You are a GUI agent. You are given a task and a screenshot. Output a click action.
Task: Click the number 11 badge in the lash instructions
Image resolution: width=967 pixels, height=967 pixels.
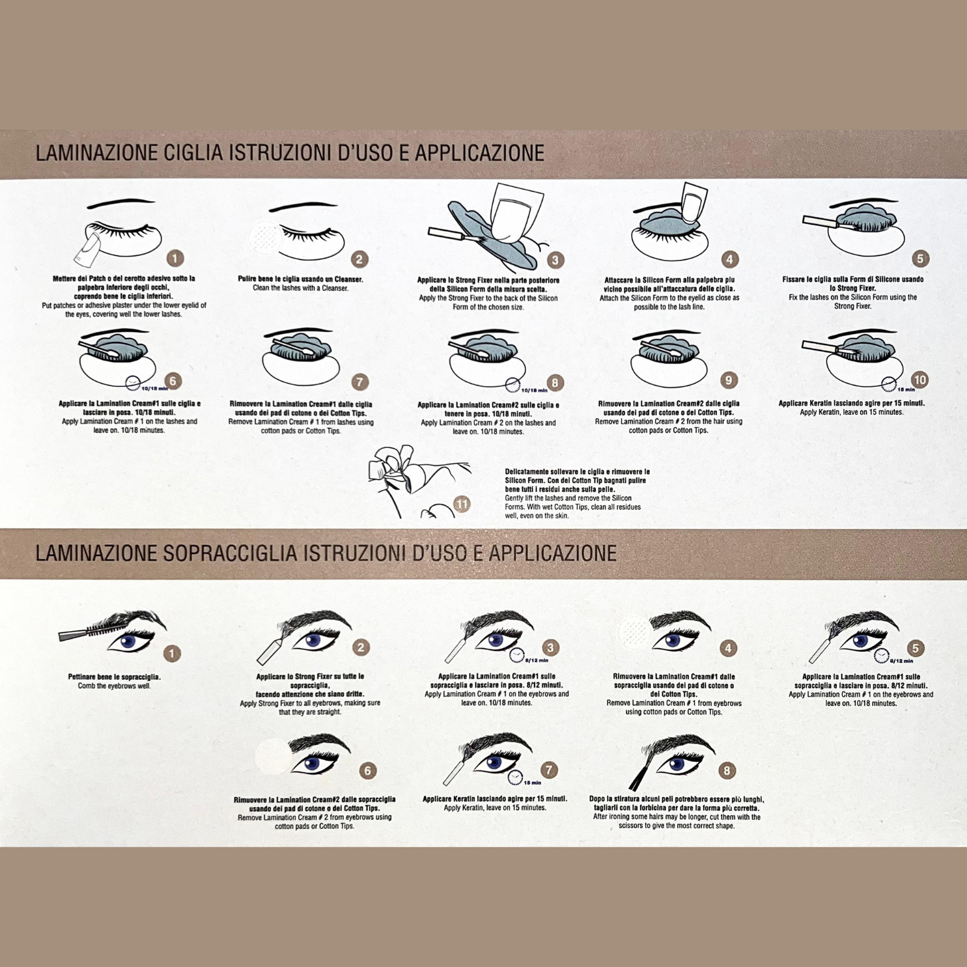click(x=462, y=503)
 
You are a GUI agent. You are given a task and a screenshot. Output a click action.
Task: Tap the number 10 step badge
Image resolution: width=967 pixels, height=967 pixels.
click(x=919, y=380)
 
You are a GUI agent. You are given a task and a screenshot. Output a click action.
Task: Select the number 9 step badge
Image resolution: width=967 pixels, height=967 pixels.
click(x=729, y=380)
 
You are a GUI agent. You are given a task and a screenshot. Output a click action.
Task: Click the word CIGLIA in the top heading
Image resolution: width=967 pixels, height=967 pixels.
click(x=194, y=153)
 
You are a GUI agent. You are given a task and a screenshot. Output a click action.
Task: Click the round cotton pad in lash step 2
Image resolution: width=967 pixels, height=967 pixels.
click(x=266, y=237)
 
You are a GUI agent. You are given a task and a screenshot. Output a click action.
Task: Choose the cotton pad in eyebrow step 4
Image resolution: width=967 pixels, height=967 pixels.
click(x=634, y=631)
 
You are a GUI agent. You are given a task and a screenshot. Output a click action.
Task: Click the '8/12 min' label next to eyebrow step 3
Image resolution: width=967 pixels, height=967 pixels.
click(x=537, y=660)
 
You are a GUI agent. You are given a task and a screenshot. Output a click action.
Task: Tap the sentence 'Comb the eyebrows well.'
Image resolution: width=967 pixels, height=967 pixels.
click(x=114, y=686)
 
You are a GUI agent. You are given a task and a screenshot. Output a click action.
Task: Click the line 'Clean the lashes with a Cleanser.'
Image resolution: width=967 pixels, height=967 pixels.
click(x=301, y=288)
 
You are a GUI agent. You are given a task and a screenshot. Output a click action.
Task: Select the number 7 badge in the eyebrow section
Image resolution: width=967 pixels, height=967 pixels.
click(x=550, y=770)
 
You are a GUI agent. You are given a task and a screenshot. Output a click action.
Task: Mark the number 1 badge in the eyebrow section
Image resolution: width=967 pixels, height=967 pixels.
click(x=172, y=652)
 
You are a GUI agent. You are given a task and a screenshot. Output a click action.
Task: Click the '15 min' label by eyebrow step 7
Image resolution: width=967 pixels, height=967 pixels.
click(x=533, y=783)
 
